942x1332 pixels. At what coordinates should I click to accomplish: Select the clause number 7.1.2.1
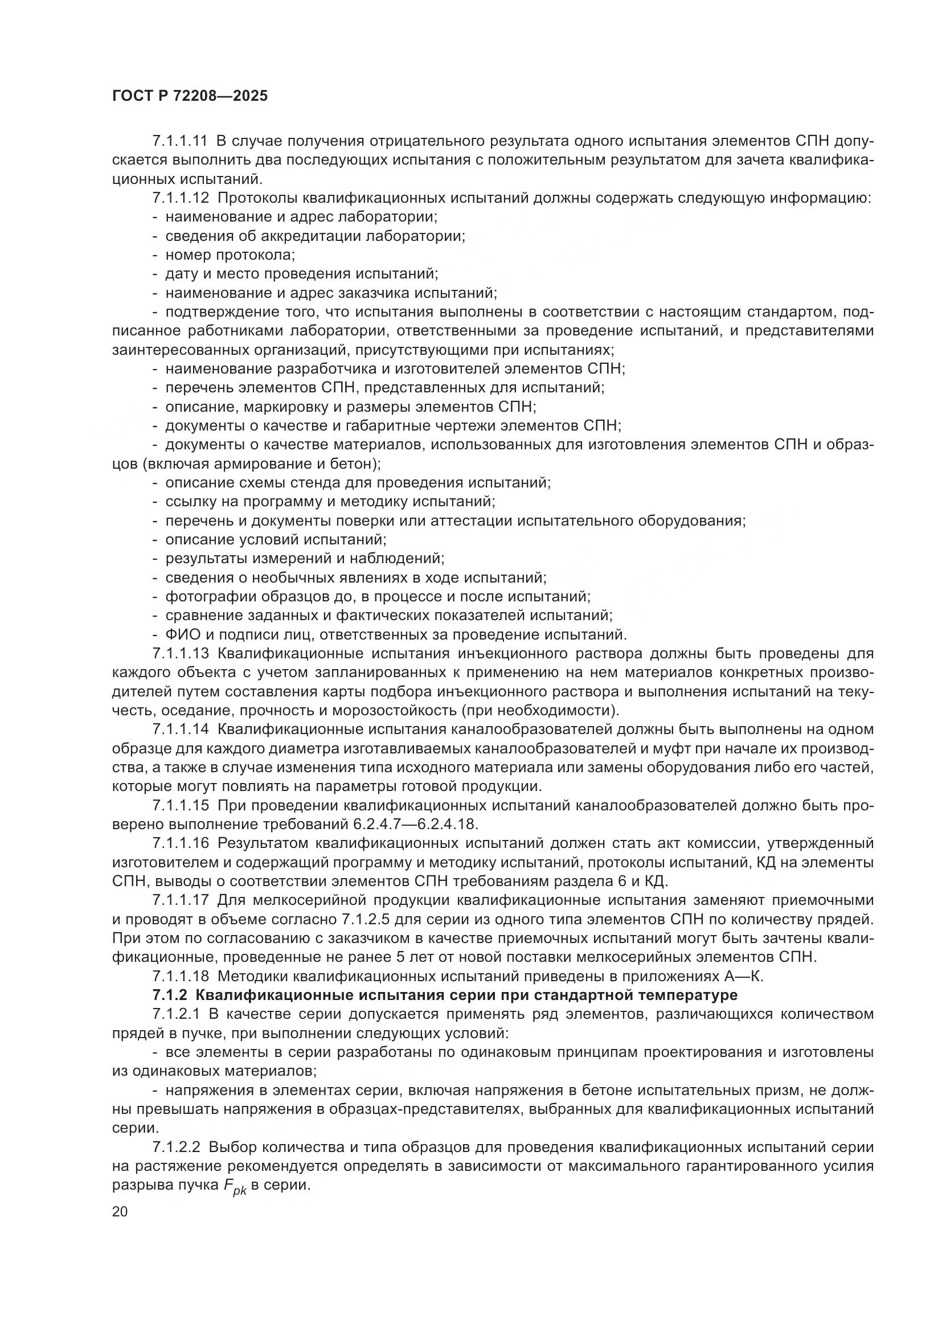click(176, 1014)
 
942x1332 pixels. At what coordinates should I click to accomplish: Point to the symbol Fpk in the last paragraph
click(235, 1187)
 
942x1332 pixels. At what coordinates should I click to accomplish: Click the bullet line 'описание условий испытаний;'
click(276, 539)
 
